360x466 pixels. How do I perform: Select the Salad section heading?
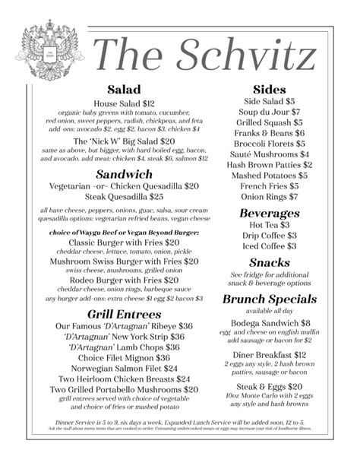(124, 90)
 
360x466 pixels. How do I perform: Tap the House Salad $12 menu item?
(124, 103)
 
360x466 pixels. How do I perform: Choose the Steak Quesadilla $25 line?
(124, 196)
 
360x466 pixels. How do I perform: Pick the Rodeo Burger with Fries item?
(124, 280)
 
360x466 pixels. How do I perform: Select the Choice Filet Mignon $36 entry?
(124, 357)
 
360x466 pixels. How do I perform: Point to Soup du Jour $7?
(269, 111)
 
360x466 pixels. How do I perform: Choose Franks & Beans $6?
(269, 132)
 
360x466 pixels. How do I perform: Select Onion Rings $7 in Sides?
(269, 196)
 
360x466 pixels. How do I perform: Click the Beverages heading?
(269, 214)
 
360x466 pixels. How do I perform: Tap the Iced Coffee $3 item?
(269, 246)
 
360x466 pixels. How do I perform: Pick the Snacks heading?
(269, 262)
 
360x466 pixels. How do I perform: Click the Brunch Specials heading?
(269, 299)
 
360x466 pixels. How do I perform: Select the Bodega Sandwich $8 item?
(269, 323)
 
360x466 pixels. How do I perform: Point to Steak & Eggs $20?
(269, 386)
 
